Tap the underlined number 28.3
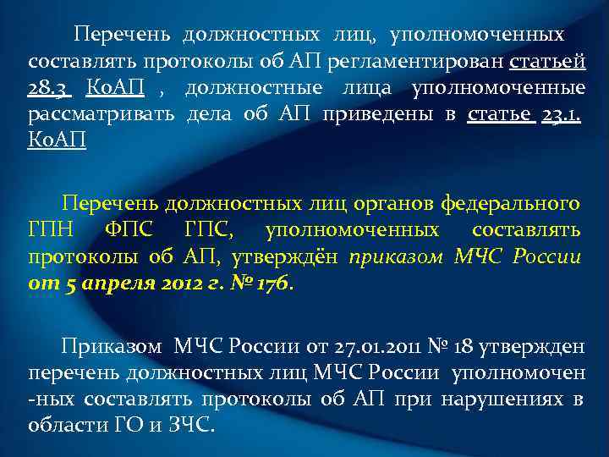point(50,89)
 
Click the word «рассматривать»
point(101,115)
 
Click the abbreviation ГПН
point(51,230)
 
